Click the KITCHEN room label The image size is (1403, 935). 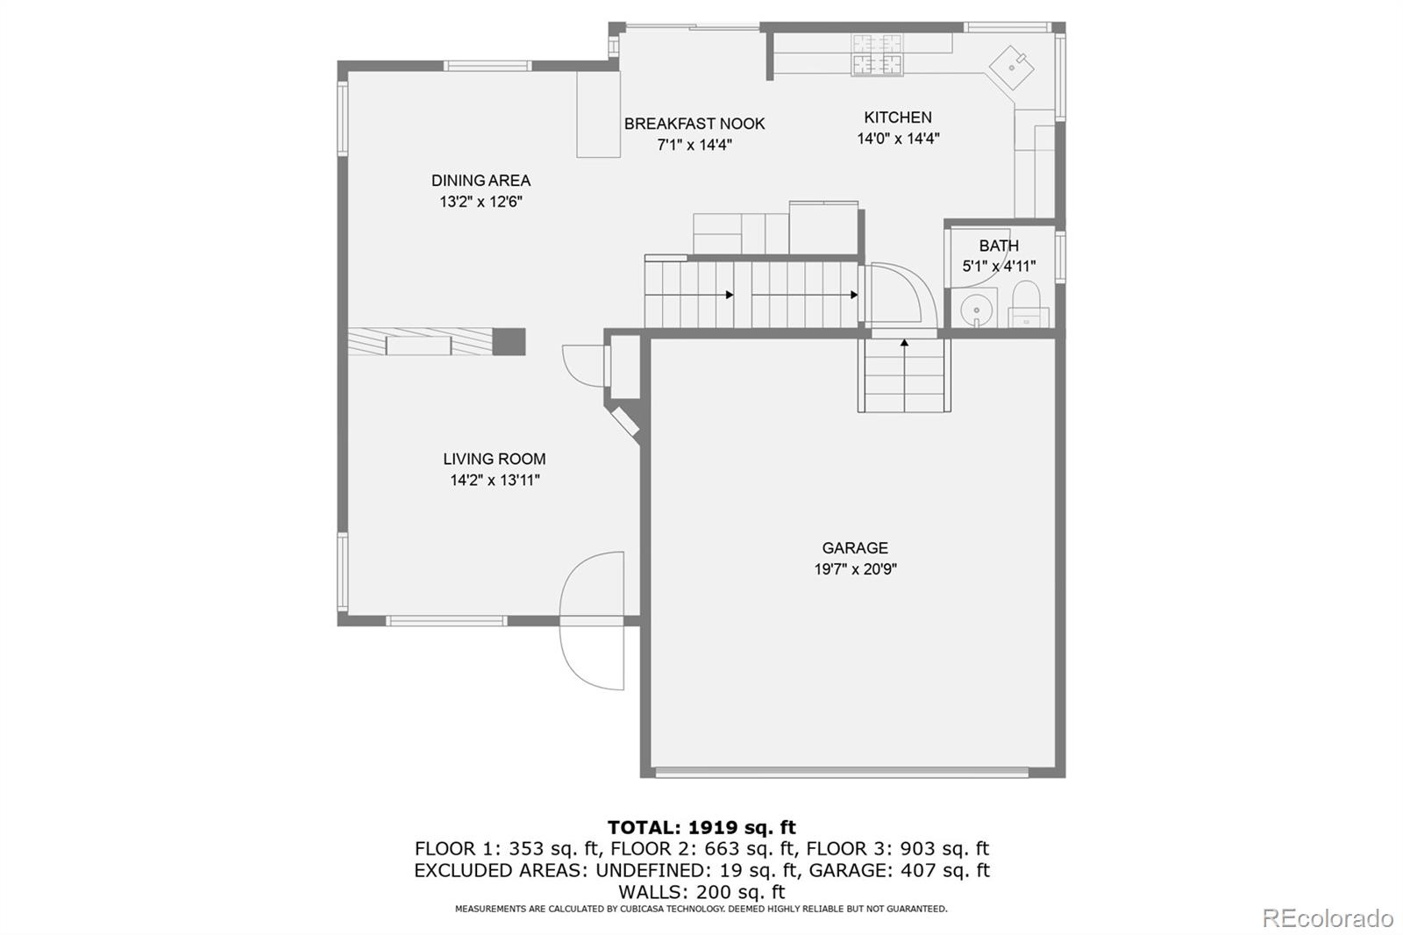click(897, 118)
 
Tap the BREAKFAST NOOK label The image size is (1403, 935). click(694, 124)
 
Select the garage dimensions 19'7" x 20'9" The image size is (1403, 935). click(855, 569)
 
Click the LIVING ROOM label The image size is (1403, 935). click(494, 459)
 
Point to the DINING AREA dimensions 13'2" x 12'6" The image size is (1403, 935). click(481, 202)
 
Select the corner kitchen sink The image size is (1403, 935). click(1013, 66)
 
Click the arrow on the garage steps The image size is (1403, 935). click(904, 344)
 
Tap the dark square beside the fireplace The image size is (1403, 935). click(509, 341)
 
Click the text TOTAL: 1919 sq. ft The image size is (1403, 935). click(701, 827)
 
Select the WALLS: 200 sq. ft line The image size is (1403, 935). click(701, 892)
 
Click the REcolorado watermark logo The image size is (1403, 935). click(1327, 918)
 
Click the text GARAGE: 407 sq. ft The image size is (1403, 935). click(899, 870)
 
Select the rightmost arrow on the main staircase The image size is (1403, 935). click(853, 296)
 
